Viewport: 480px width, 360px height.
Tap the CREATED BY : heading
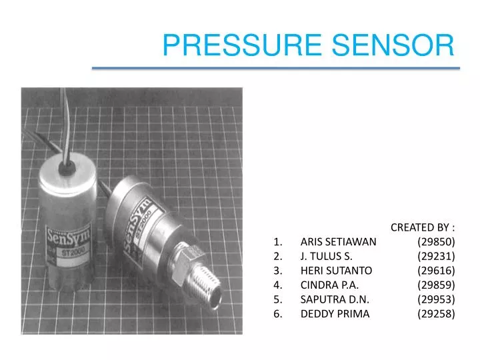tap(423, 227)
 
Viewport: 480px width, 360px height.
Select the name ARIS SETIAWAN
tap(338, 241)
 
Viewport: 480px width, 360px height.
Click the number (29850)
tap(436, 241)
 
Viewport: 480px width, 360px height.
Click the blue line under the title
tap(275, 68)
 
